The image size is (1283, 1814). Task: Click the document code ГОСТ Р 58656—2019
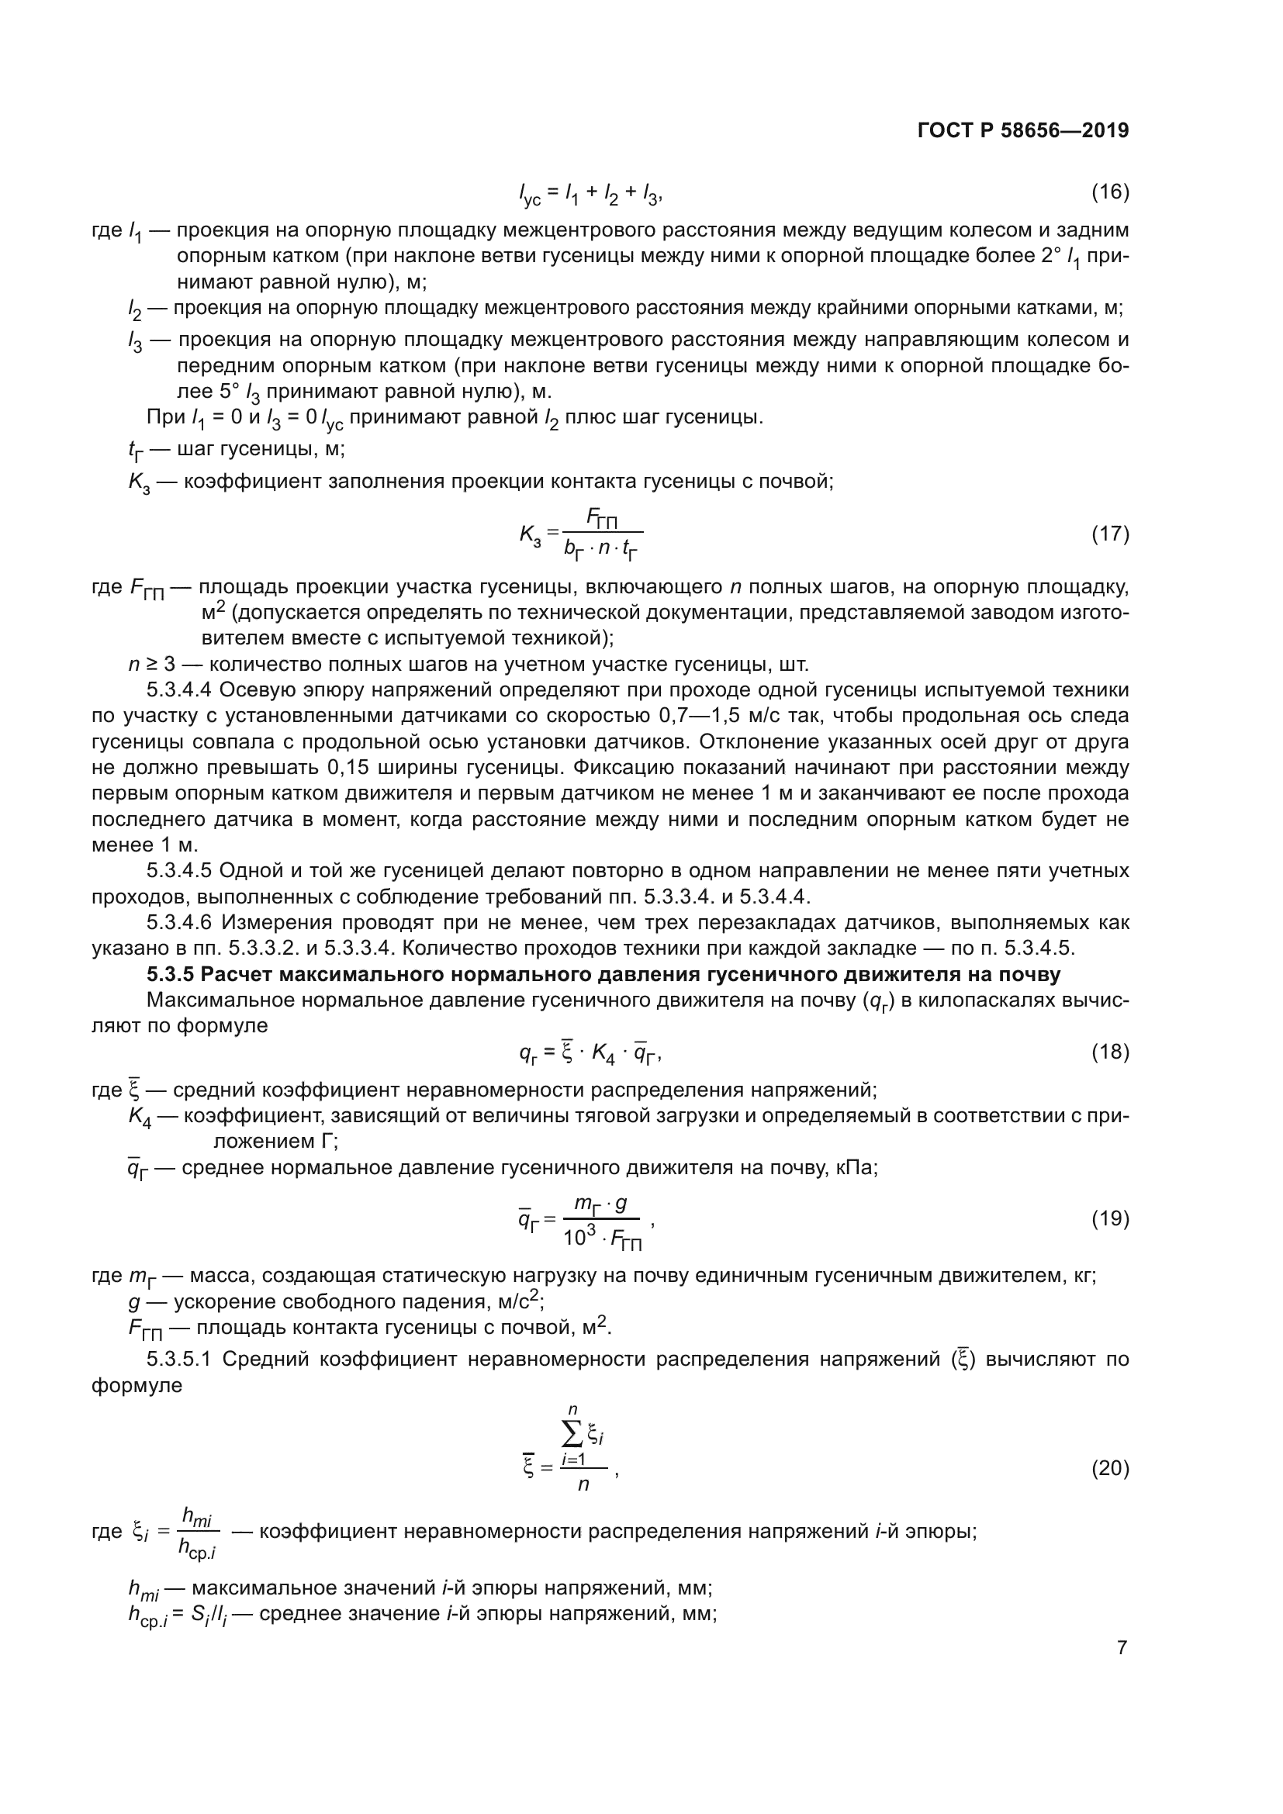(1023, 130)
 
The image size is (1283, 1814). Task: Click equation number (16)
(1110, 192)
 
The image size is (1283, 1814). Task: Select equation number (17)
(1110, 534)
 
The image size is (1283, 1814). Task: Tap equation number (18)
(1110, 1052)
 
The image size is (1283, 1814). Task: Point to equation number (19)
(1110, 1218)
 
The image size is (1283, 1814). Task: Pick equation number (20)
(1110, 1468)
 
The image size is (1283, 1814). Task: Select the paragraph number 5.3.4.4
(178, 689)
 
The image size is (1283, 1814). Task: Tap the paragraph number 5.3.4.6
(178, 922)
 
